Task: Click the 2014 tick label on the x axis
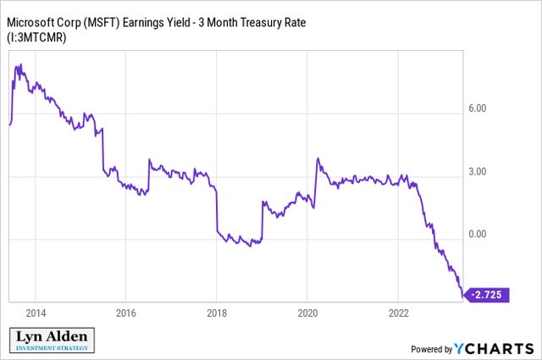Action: [x=35, y=311]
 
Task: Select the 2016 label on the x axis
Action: [x=125, y=311]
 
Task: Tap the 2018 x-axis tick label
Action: [x=216, y=311]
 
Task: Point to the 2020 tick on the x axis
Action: [x=307, y=311]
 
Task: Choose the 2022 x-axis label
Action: [x=397, y=311]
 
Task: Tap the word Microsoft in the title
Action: [x=35, y=19]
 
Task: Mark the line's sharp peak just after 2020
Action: [x=317, y=158]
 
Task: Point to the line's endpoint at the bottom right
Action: [x=462, y=297]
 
